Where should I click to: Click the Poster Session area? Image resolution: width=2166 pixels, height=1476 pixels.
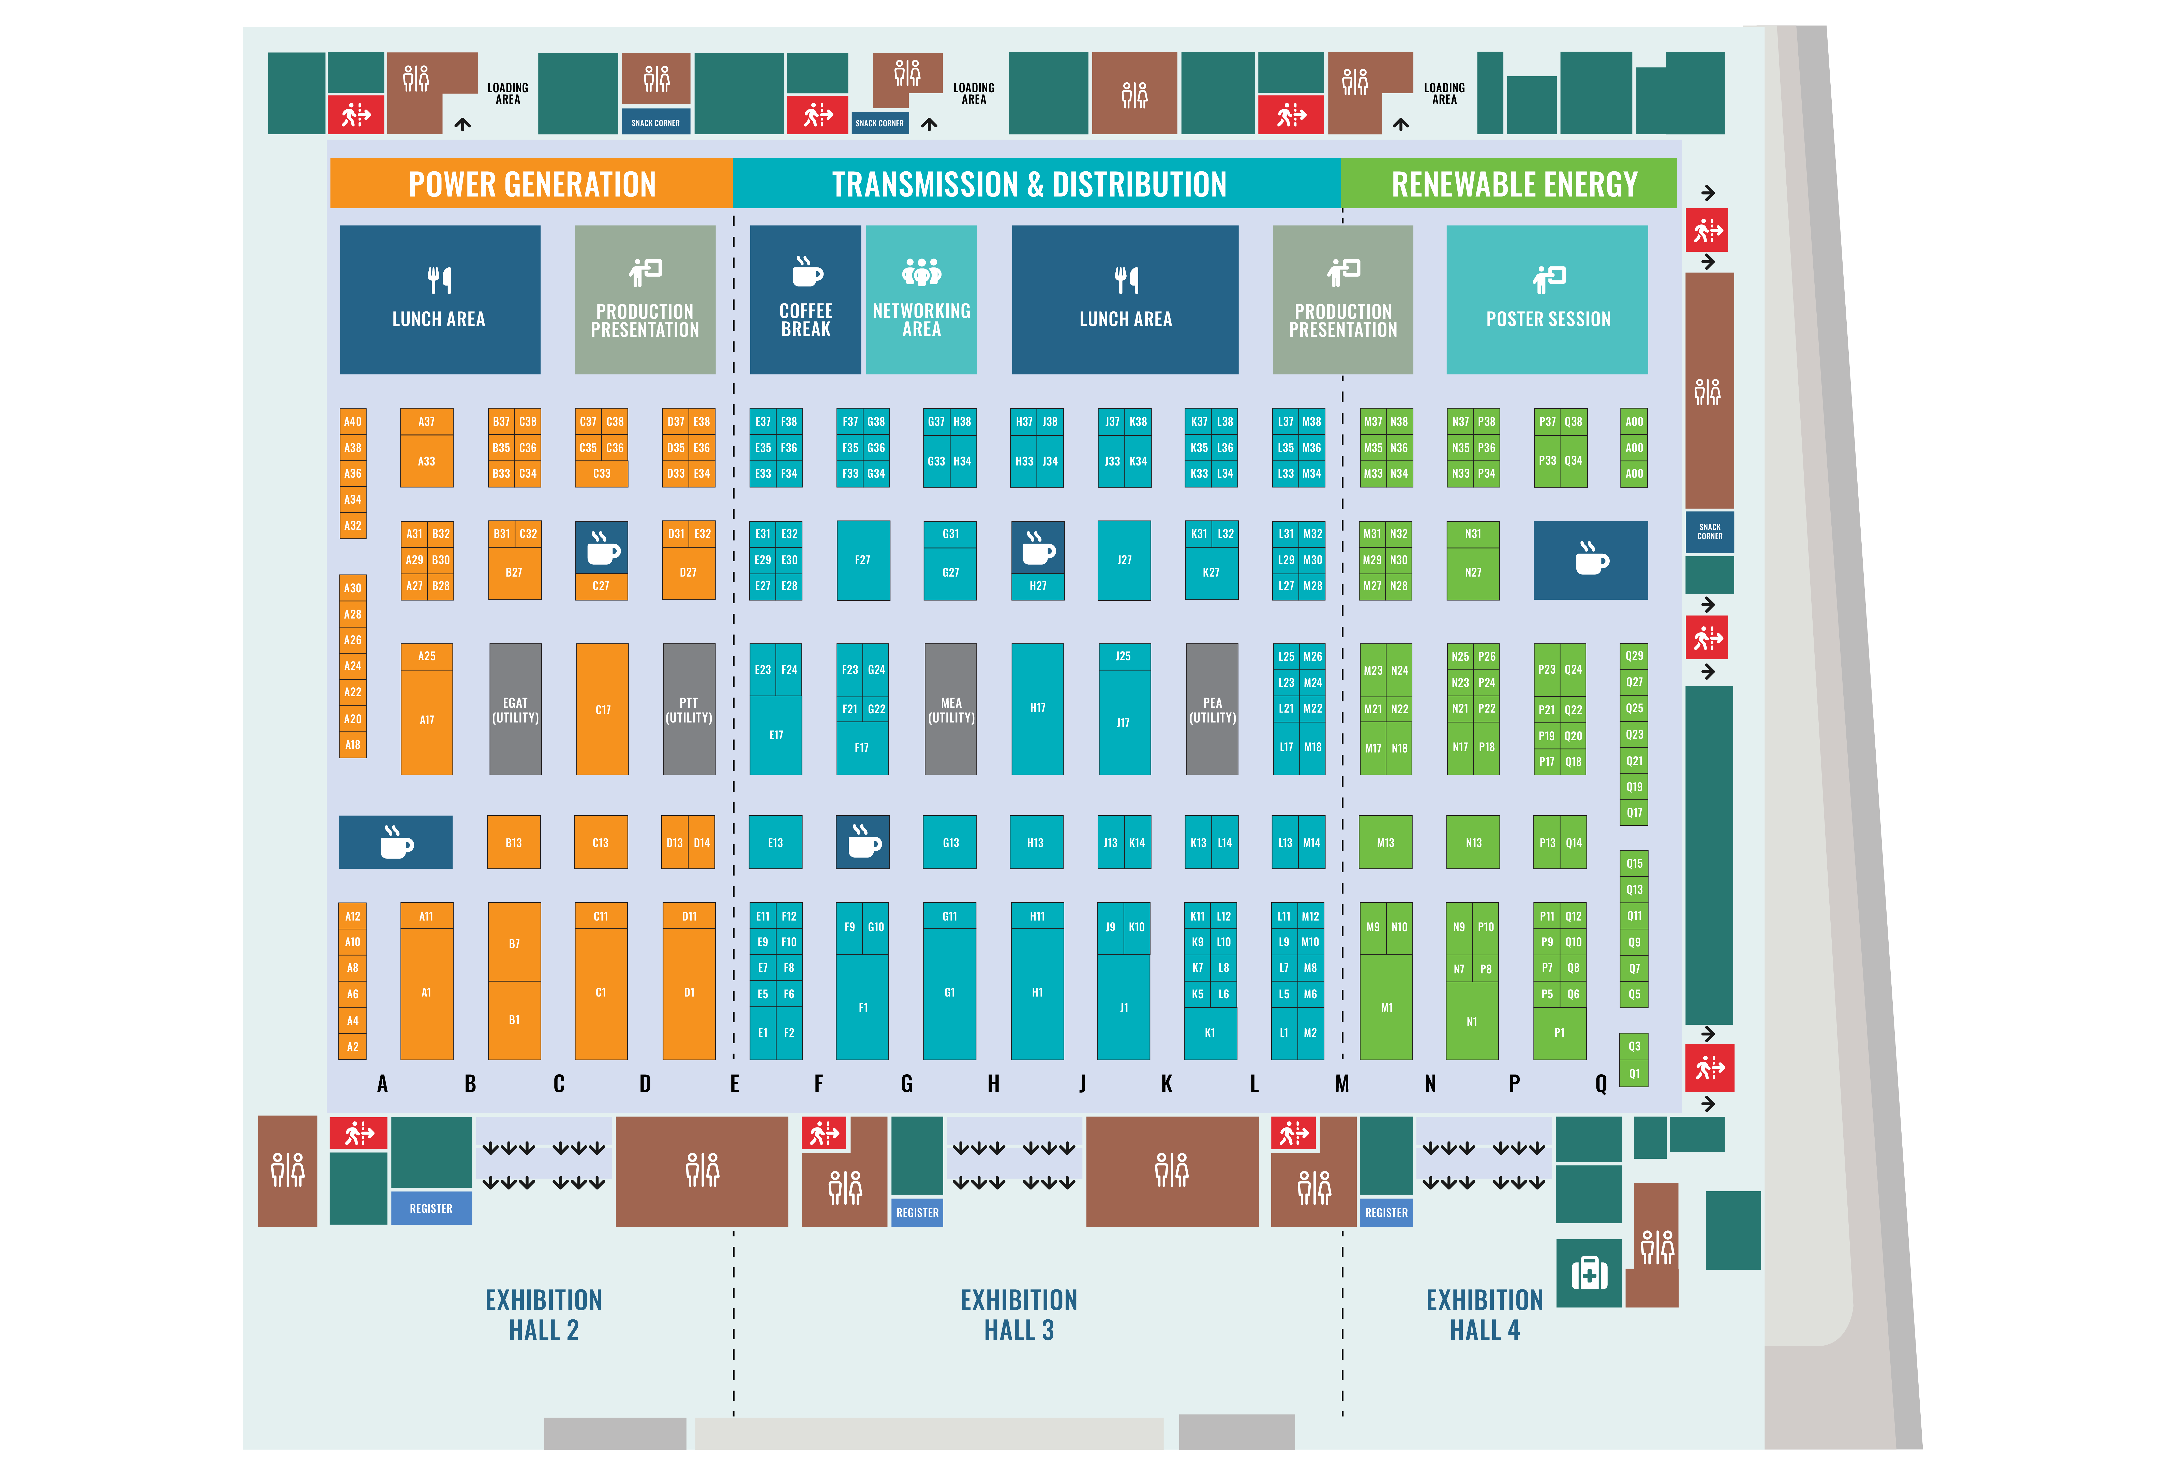[1547, 300]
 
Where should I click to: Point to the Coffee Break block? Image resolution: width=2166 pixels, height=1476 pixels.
[805, 300]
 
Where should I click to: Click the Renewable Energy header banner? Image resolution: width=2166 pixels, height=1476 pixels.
[1509, 184]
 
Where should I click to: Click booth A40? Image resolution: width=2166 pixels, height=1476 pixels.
[352, 421]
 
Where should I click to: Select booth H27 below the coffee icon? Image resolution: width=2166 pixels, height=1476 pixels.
[1037, 586]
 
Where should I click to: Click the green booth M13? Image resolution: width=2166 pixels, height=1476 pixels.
[1386, 842]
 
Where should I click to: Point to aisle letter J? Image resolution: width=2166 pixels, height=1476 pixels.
[1082, 1084]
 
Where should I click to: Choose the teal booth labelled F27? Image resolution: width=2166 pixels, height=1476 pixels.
[863, 560]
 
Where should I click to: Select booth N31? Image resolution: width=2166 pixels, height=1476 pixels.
[1473, 534]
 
